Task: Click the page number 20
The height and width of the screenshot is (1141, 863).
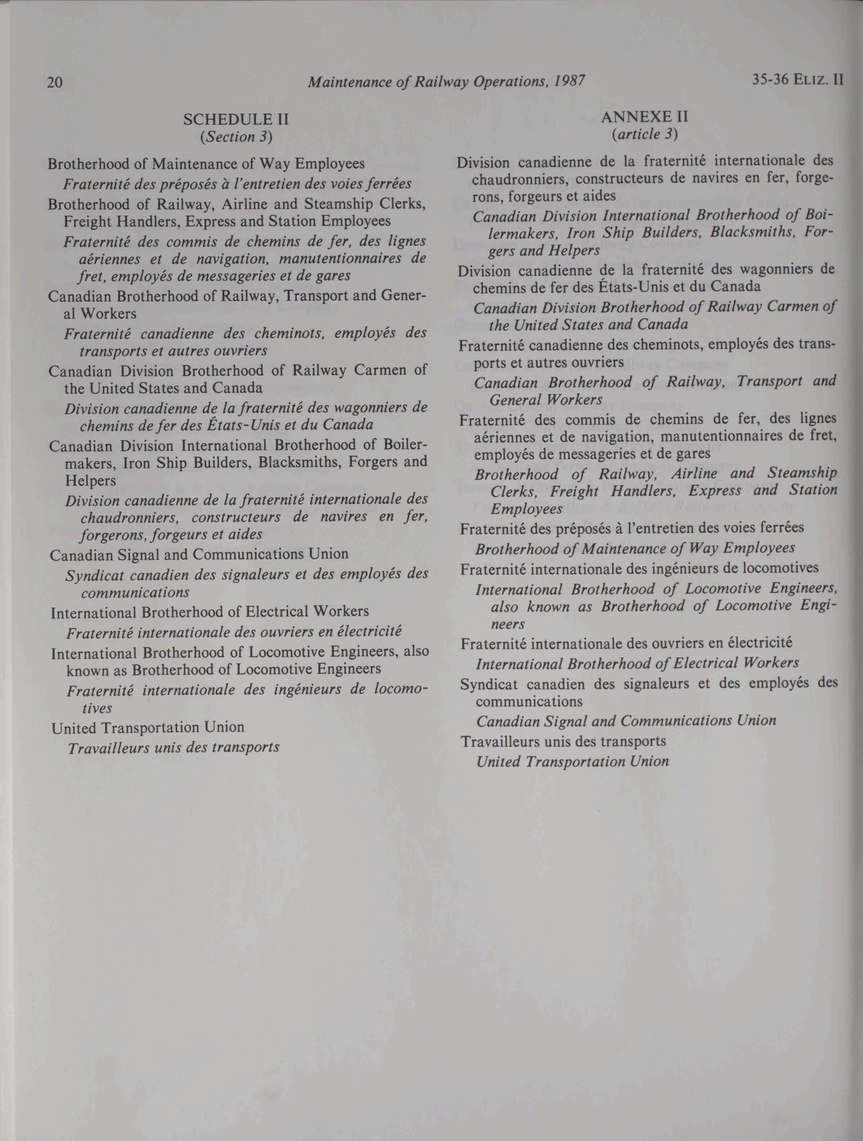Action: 55,82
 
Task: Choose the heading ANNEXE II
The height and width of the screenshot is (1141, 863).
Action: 644,117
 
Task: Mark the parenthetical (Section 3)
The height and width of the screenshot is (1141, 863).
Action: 236,137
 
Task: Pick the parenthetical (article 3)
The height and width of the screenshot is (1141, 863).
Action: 644,134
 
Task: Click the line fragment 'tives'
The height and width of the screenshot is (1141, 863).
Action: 97,708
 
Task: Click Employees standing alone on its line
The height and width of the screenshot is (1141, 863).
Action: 526,509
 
